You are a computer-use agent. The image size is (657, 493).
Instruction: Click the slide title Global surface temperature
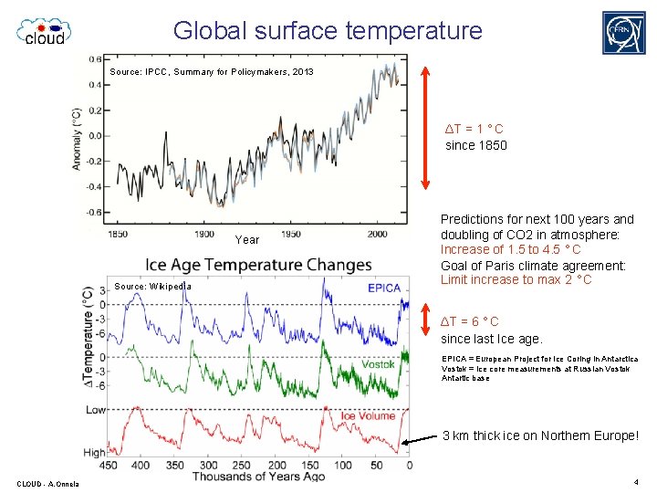pos(328,30)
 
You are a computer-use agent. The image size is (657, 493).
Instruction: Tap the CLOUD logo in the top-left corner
pos(43,31)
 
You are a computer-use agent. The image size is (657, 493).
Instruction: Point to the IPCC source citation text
pos(211,71)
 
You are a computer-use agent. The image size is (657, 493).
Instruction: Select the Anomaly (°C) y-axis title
pos(78,139)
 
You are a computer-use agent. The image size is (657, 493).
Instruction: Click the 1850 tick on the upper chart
pos(118,234)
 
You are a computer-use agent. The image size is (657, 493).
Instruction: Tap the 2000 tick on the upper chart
pos(377,234)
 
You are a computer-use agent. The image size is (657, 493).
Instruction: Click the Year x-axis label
pos(247,240)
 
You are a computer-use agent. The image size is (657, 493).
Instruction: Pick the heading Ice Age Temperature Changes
pos(259,265)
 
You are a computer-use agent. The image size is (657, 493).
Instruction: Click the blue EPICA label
pos(384,288)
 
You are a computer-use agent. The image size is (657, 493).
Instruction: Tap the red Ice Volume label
pos(368,416)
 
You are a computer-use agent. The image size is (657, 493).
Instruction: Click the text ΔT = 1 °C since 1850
pos(475,137)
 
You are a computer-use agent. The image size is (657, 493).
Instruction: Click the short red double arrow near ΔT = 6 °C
pos(424,320)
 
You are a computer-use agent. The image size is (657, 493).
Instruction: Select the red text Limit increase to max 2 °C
pos(516,279)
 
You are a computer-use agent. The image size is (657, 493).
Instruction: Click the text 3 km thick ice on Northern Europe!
pos(540,435)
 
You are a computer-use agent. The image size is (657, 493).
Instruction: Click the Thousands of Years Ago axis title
pos(260,477)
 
